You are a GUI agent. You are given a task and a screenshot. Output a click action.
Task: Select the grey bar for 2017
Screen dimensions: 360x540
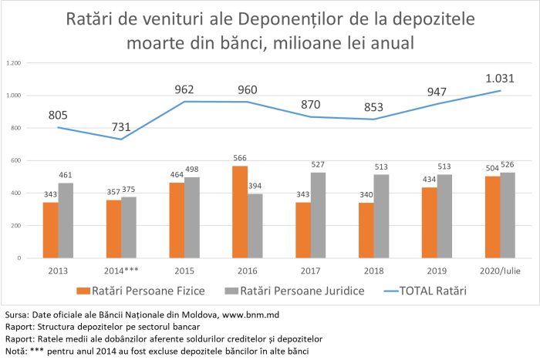click(318, 215)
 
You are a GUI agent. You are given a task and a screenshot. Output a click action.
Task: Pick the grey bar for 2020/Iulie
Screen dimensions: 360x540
click(508, 215)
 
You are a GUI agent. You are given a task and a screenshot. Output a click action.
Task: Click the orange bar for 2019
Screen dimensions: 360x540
click(430, 223)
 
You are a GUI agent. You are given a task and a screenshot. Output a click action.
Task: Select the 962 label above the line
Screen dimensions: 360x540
click(184, 89)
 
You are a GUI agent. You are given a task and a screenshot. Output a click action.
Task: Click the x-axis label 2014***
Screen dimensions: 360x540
click(121, 271)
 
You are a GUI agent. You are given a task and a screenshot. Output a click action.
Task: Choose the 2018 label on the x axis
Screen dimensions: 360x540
click(373, 271)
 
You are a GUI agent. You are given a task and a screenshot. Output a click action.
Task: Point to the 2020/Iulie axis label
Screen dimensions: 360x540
click(500, 271)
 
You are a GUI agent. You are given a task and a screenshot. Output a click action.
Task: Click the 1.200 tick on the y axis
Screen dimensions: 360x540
click(13, 63)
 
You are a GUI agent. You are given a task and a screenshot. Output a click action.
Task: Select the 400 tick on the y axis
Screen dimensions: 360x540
click(15, 193)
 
